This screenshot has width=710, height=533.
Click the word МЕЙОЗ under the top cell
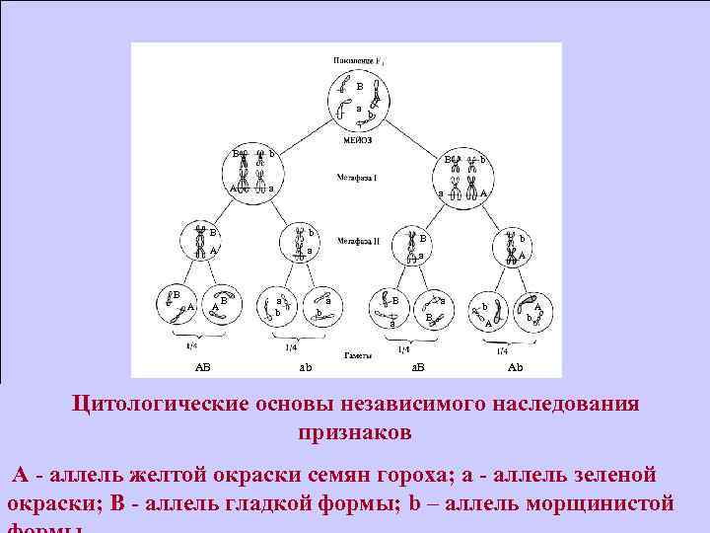coord(357,139)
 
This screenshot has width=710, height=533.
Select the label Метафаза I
coord(356,178)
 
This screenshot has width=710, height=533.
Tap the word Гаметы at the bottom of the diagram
coord(357,353)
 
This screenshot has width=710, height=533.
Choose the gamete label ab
coord(306,367)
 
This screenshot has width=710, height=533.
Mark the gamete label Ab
coord(515,367)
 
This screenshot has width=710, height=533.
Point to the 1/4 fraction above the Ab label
coord(503,350)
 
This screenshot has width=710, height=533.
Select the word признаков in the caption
coord(356,433)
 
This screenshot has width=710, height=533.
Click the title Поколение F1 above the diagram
coord(357,60)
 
